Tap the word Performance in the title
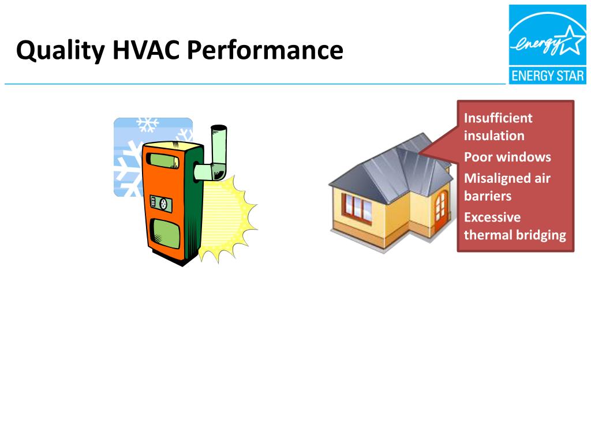[264, 51]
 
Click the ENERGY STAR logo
[547, 44]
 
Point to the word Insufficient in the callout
[498, 118]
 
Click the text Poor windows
[507, 157]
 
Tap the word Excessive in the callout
[492, 217]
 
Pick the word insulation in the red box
[494, 136]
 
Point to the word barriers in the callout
[488, 196]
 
